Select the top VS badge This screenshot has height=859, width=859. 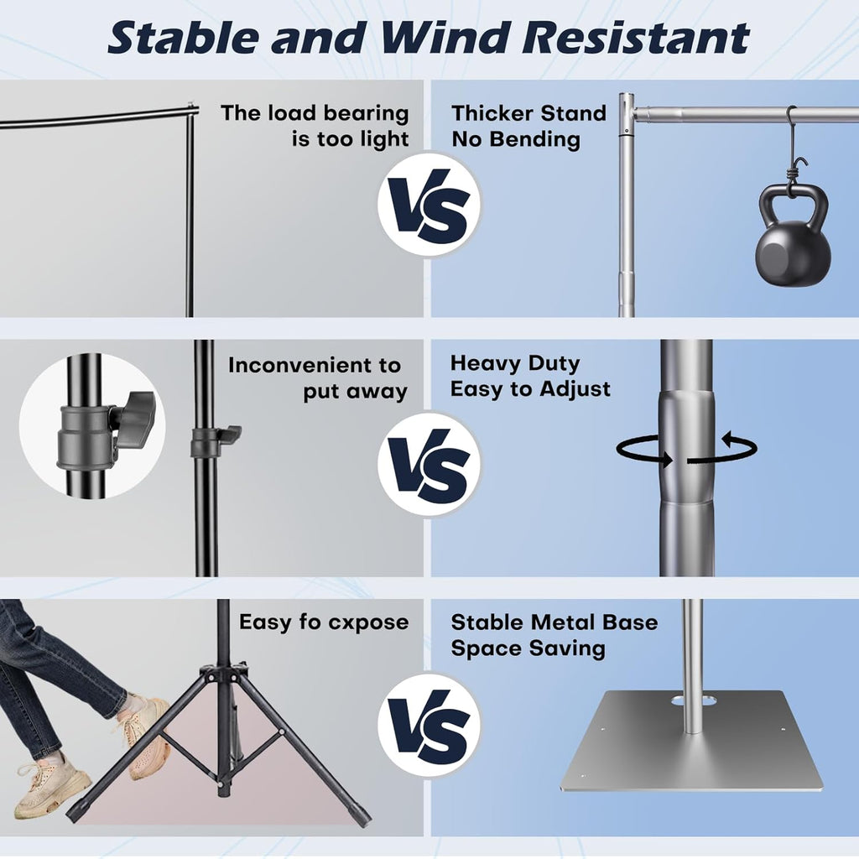(429, 205)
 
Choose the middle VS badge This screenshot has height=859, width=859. (429, 464)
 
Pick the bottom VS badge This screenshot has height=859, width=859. (429, 725)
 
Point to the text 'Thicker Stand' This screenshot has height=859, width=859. (528, 113)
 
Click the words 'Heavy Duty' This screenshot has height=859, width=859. (515, 363)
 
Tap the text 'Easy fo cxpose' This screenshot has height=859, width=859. (324, 622)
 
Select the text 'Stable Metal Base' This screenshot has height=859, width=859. (554, 622)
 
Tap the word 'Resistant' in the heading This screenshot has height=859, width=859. (636, 37)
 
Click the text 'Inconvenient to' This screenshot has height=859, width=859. (315, 366)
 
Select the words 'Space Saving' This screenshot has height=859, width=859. (528, 648)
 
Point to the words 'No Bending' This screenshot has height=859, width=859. (516, 139)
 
